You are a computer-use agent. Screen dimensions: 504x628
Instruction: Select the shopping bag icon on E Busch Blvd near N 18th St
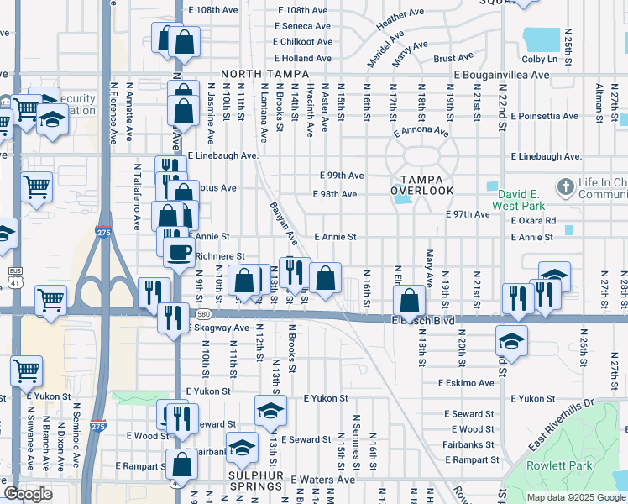click(x=409, y=301)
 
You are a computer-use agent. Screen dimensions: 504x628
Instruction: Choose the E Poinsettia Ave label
click(x=544, y=116)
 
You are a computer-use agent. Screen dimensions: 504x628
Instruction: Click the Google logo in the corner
click(x=28, y=494)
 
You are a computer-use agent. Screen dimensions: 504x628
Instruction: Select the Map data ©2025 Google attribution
click(x=575, y=497)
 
